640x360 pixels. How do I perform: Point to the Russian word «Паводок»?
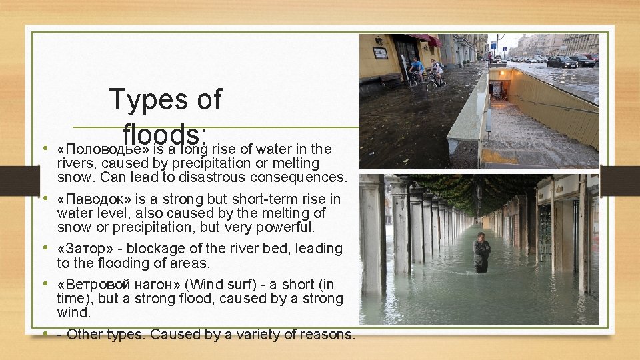[91, 199]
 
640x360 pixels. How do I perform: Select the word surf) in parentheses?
[247, 283]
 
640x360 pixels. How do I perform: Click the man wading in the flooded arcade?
[481, 252]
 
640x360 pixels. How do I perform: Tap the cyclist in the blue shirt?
[417, 69]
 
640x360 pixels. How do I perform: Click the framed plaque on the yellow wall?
[381, 52]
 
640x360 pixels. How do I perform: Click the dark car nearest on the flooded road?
[561, 62]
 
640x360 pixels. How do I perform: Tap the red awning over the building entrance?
[427, 39]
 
